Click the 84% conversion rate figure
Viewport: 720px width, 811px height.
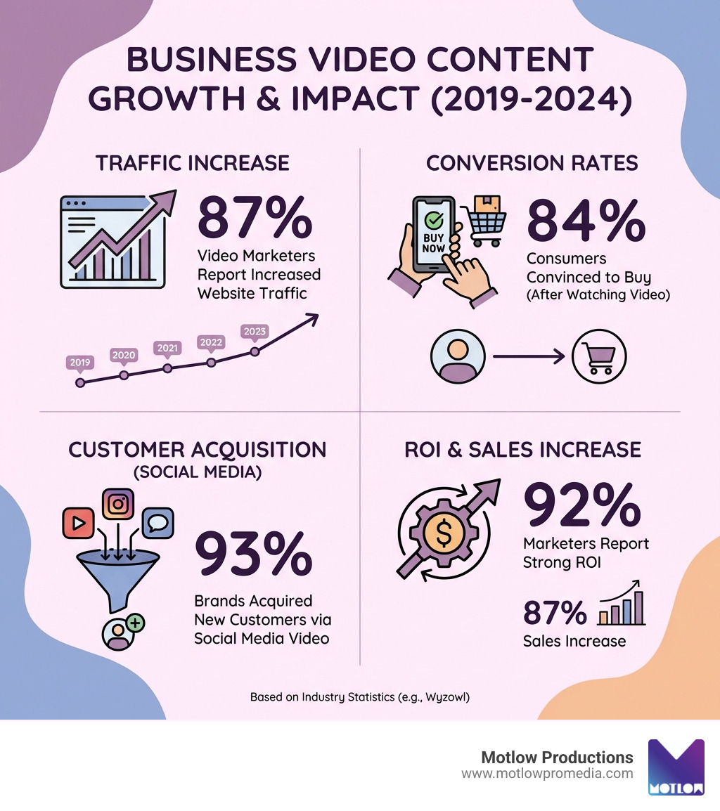[x=586, y=221]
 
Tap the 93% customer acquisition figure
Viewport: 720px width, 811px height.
[x=253, y=554]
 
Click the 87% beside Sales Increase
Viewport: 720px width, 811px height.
[x=555, y=612]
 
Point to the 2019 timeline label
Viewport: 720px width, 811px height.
[x=79, y=363]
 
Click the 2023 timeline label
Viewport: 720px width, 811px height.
[x=254, y=331]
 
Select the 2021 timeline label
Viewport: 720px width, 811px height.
[x=167, y=348]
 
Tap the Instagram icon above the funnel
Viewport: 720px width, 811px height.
[x=118, y=504]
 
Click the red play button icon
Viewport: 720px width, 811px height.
[x=77, y=522]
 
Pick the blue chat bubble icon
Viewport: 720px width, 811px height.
[x=157, y=522]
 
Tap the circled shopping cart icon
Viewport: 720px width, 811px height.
[x=599, y=357]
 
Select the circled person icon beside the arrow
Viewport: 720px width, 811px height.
[x=457, y=357]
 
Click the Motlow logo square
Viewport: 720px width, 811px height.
[x=676, y=767]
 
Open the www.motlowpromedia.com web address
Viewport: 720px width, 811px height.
[x=547, y=774]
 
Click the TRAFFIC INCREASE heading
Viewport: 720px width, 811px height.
[x=193, y=163]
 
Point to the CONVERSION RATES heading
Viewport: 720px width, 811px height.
[x=532, y=163]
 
